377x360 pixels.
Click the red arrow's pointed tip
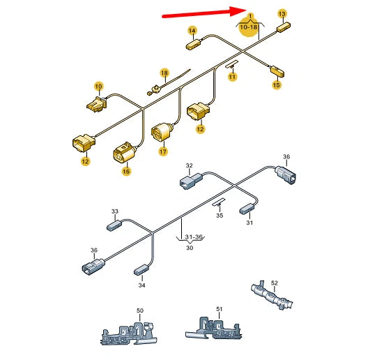pos(247,10)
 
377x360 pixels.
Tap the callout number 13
pos(282,14)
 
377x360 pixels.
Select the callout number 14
pos(192,31)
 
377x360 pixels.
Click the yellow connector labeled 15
pos(277,71)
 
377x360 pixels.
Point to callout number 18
pos(164,73)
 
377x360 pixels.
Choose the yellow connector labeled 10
pos(97,105)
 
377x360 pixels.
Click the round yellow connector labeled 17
pos(162,132)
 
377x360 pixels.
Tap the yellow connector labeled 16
pos(124,152)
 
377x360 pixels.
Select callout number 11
pos(232,77)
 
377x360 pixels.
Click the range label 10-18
pos(249,27)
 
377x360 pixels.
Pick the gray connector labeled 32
pos(191,181)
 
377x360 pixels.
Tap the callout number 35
pos(220,215)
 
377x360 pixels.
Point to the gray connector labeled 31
pos(247,209)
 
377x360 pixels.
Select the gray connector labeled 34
pos(141,269)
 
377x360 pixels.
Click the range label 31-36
pos(194,237)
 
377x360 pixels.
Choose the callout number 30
pos(190,248)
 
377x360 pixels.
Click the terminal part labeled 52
pos(272,295)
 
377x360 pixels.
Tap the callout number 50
pos(140,310)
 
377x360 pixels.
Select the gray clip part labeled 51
pos(213,328)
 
